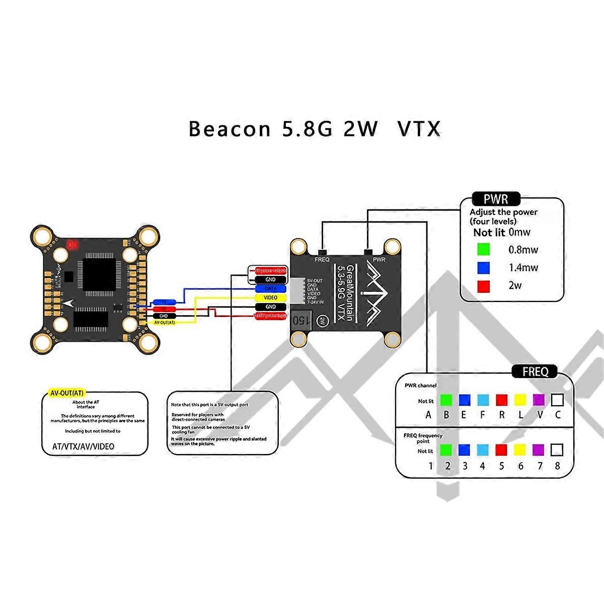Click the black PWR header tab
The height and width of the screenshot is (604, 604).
click(x=496, y=199)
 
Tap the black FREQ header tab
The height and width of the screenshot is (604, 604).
click(x=535, y=372)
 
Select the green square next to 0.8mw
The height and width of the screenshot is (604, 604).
click(x=484, y=249)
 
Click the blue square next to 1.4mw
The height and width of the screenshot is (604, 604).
click(x=484, y=267)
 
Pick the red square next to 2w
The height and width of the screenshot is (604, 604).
click(x=484, y=285)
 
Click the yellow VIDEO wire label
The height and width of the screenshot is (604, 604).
click(x=271, y=297)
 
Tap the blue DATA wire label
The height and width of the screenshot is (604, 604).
click(x=271, y=289)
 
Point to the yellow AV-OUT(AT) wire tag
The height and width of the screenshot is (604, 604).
click(x=164, y=322)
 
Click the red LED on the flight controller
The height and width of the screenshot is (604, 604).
click(x=71, y=245)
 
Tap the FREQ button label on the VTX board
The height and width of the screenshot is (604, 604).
click(x=322, y=260)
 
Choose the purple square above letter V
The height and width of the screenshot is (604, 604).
click(x=539, y=400)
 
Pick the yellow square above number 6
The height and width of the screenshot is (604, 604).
click(x=520, y=449)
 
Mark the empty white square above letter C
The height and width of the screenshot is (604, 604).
click(x=557, y=400)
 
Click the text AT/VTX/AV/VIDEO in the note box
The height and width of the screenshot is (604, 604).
click(x=84, y=446)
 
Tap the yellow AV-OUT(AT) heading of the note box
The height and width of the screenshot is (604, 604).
click(x=67, y=393)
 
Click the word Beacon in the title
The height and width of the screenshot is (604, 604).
click(x=230, y=129)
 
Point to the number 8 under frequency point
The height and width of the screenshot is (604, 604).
click(x=557, y=466)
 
